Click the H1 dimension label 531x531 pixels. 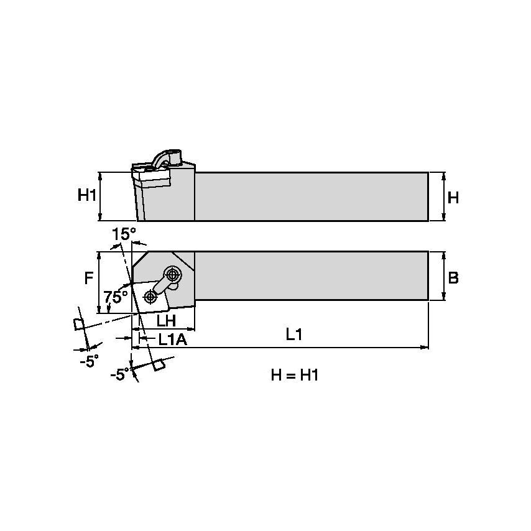click(x=87, y=196)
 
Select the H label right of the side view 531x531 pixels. click(x=453, y=198)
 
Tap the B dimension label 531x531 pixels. click(x=453, y=277)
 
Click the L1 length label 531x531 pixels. click(x=293, y=335)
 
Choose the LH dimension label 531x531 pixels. click(x=165, y=321)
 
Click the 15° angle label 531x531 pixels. click(x=123, y=234)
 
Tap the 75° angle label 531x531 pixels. click(x=116, y=297)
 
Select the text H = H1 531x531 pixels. click(x=295, y=375)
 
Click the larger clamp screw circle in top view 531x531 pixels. click(x=172, y=274)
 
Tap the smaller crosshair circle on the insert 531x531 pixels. click(x=150, y=296)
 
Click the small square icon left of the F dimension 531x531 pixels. click(x=78, y=325)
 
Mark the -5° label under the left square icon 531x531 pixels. click(x=89, y=361)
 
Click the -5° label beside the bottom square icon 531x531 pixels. click(x=119, y=374)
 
